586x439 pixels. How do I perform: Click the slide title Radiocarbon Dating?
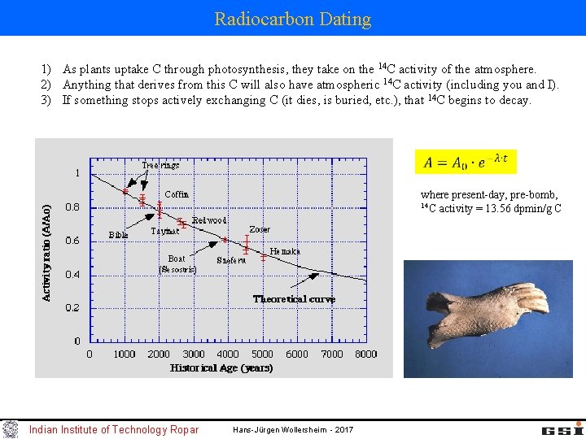coord(293,19)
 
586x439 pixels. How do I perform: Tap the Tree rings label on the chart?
coord(160,165)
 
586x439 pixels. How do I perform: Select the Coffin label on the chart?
coord(177,194)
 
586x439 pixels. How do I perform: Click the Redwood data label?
coord(209,220)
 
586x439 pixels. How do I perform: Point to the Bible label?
coord(118,235)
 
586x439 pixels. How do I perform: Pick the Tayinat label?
coord(165,231)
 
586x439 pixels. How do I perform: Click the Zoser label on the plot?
coord(260,229)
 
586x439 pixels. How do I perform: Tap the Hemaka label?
coord(285,251)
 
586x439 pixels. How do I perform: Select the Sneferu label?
coord(231,260)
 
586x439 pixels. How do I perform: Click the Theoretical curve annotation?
coord(294,299)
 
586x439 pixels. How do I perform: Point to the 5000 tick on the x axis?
coord(262,354)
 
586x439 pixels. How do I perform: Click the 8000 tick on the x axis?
coord(366,354)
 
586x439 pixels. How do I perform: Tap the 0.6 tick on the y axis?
coord(72,241)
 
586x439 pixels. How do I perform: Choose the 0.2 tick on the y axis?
coord(72,308)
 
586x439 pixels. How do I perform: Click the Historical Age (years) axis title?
coord(221,367)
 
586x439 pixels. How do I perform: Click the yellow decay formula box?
coord(466,161)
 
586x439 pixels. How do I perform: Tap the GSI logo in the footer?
coord(562,428)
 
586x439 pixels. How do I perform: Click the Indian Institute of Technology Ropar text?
coord(114,429)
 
